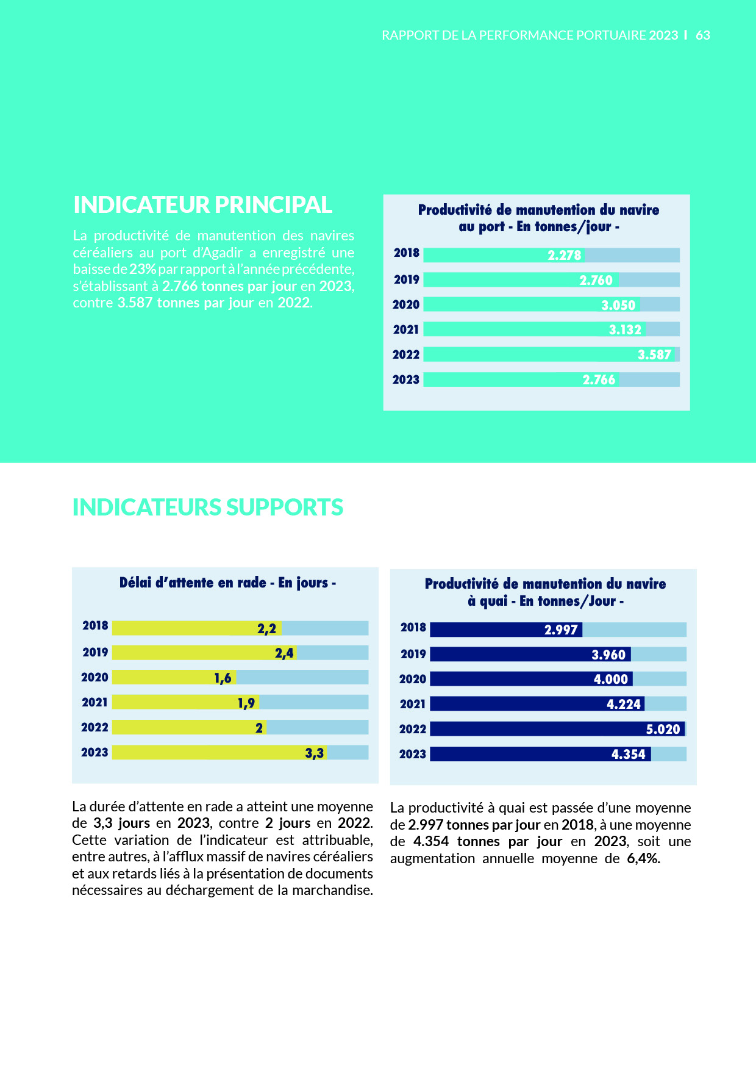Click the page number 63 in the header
click(x=703, y=35)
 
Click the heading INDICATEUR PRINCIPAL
click(x=202, y=205)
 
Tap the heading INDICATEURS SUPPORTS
click(x=207, y=508)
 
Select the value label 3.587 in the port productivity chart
click(x=654, y=354)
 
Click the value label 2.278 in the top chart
click(x=565, y=255)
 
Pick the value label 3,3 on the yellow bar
click(x=315, y=753)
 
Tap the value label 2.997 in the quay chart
click(x=561, y=630)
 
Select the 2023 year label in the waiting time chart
click(x=94, y=752)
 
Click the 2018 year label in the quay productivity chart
click(x=413, y=627)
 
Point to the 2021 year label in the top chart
click(x=406, y=329)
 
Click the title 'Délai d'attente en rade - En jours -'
click(x=227, y=583)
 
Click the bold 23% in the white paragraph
click(x=143, y=269)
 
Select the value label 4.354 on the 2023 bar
click(x=628, y=754)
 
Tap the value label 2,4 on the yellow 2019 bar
click(x=284, y=653)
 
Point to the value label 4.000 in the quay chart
click(x=610, y=679)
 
